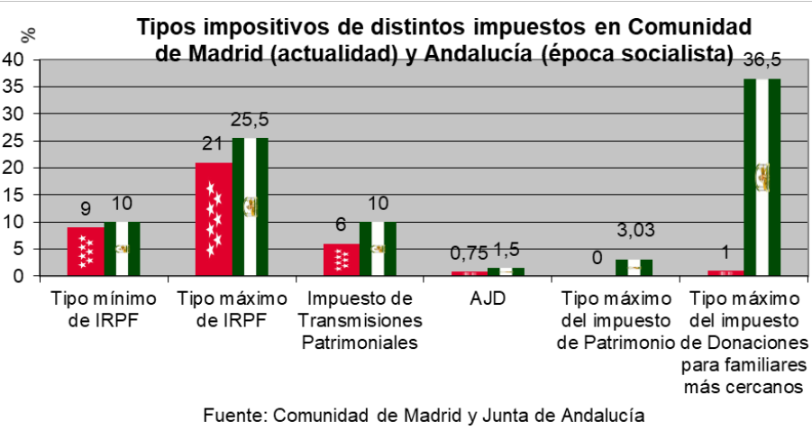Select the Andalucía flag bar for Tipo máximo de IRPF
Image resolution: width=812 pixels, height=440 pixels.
click(x=251, y=206)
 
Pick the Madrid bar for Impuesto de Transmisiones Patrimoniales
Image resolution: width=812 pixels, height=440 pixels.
click(x=342, y=259)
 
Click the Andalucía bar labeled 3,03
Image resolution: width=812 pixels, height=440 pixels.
click(x=634, y=268)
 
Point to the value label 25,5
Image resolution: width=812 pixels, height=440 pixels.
click(x=251, y=121)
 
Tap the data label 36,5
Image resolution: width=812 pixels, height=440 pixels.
click(x=762, y=61)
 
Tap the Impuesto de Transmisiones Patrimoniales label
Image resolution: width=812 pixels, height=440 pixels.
click(x=359, y=320)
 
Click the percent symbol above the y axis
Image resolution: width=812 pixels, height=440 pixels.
click(x=30, y=34)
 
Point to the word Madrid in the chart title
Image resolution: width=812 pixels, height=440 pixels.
click(x=238, y=52)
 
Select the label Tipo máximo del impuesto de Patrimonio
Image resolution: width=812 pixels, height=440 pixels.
click(x=616, y=320)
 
